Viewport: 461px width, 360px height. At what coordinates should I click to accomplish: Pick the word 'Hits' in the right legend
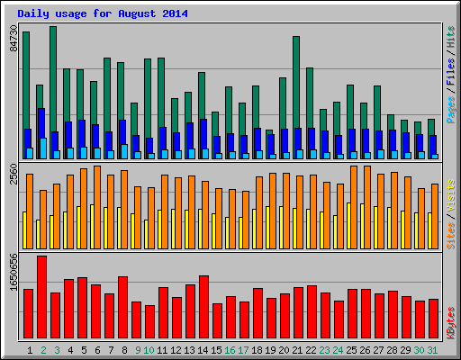tap(449, 42)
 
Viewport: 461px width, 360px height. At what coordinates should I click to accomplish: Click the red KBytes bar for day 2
tap(41, 296)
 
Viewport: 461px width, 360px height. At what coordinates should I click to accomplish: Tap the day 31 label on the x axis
tap(433, 349)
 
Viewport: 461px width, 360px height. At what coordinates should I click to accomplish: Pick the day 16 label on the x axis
tap(230, 349)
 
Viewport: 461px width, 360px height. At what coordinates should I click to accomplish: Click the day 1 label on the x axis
tap(31, 349)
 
